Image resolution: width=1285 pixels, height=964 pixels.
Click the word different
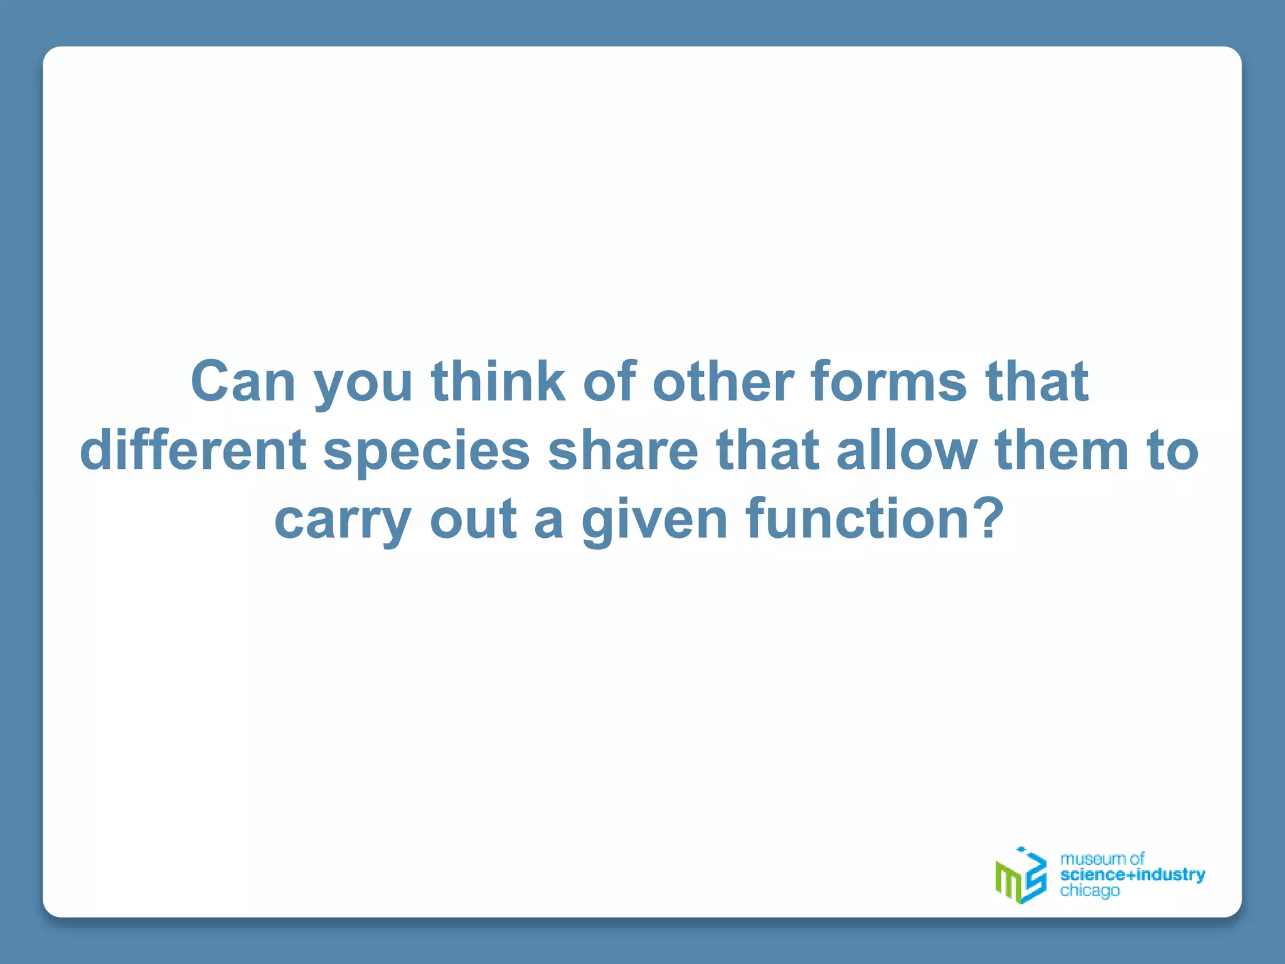[193, 450]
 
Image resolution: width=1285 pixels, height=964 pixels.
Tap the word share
[622, 450]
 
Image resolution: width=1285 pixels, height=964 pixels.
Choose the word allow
[907, 450]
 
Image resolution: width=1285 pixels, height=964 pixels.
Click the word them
[1062, 450]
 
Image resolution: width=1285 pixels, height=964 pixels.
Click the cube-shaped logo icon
[1021, 875]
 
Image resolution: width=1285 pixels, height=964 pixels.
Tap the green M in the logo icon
[1008, 881]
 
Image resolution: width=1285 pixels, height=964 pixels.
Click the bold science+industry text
[1132, 874]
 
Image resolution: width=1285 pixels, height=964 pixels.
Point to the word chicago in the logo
[1089, 891]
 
